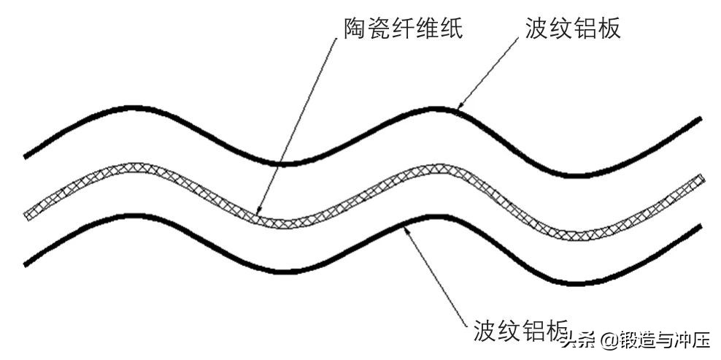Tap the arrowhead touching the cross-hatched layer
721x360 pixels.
coord(261,212)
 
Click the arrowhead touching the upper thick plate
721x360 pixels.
coord(459,107)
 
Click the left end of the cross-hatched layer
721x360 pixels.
coord(27,215)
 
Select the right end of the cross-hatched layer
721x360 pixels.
coord(701,179)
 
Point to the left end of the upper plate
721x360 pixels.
coord(26,156)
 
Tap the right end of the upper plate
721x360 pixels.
coord(700,118)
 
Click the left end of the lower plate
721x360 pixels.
coord(26,263)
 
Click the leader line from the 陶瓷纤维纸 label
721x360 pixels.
coord(299,124)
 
